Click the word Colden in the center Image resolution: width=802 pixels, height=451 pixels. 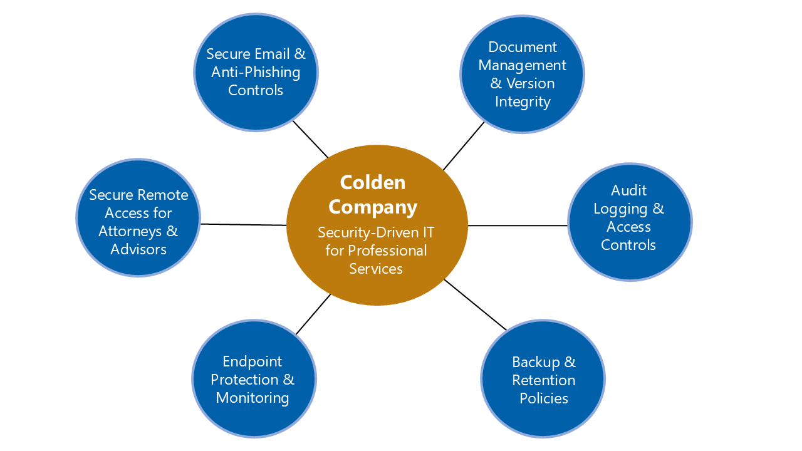(x=372, y=182)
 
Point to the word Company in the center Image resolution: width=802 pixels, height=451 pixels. (x=372, y=207)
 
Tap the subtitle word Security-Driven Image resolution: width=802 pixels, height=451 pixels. (x=358, y=232)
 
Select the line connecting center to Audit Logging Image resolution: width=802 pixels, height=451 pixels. (x=518, y=225)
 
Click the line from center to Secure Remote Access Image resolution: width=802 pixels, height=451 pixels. (x=243, y=224)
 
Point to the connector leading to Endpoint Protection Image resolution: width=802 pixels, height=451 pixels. (x=313, y=314)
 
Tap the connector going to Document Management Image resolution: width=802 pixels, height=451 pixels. (x=464, y=146)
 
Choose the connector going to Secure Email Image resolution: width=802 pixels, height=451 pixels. (x=310, y=139)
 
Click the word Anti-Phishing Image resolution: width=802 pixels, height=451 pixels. (x=256, y=72)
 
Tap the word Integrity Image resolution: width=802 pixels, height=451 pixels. (x=522, y=101)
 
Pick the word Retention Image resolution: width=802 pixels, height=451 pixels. (x=543, y=380)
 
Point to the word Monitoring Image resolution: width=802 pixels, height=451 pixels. (x=252, y=398)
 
